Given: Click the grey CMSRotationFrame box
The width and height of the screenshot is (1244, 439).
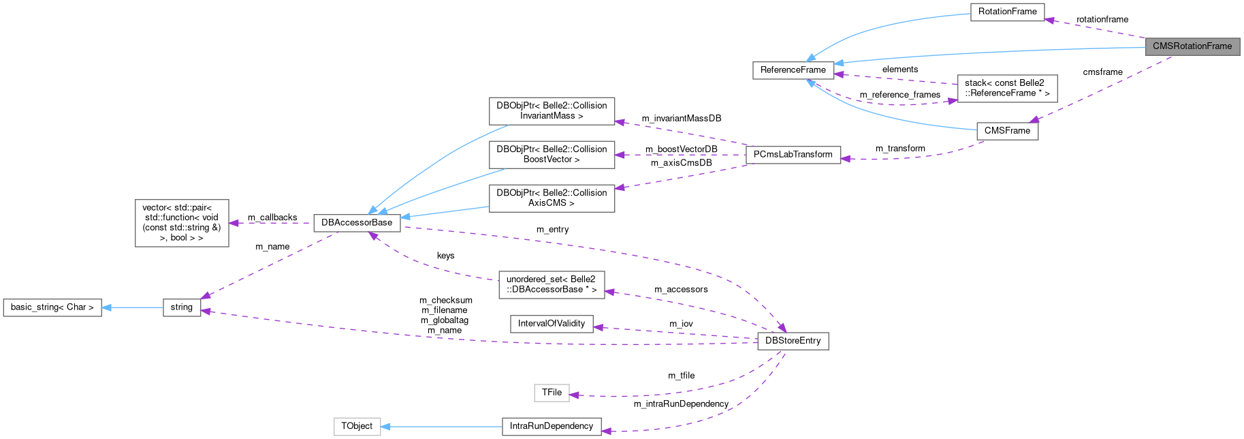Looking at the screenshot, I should pyautogui.click(x=1192, y=46).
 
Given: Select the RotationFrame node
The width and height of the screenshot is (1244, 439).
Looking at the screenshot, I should pyautogui.click(x=1007, y=12).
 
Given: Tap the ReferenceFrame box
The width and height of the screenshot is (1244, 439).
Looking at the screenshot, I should pyautogui.click(x=793, y=70).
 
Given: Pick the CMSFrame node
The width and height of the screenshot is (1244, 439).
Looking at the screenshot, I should pyautogui.click(x=1007, y=131).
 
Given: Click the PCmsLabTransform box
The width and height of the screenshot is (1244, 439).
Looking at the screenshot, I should pyautogui.click(x=793, y=155).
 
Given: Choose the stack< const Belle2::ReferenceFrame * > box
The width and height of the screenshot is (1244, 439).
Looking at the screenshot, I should pyautogui.click(x=1007, y=89).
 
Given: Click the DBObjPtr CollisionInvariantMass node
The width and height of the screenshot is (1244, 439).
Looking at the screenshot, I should pyautogui.click(x=552, y=111).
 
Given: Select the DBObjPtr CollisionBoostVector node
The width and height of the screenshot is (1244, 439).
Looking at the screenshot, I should pyautogui.click(x=552, y=155).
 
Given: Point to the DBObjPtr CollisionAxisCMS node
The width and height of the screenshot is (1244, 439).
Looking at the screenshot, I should pyautogui.click(x=552, y=198).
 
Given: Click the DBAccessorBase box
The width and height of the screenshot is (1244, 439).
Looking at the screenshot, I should pyautogui.click(x=357, y=223).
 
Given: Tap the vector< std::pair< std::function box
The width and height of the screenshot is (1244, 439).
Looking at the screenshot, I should pyautogui.click(x=182, y=223).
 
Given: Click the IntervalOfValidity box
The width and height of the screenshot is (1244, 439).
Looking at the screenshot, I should pyautogui.click(x=552, y=324).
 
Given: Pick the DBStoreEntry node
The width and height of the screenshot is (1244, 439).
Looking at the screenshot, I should pyautogui.click(x=793, y=341).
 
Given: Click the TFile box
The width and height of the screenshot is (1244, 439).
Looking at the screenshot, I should pyautogui.click(x=552, y=393).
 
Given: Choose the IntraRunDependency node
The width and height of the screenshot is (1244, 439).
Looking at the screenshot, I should pyautogui.click(x=552, y=427).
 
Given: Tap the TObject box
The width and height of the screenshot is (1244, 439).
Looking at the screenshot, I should pyautogui.click(x=357, y=427).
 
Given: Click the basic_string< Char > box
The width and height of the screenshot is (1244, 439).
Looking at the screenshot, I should pyautogui.click(x=52, y=307).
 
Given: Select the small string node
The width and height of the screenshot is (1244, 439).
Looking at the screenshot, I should pyautogui.click(x=182, y=307).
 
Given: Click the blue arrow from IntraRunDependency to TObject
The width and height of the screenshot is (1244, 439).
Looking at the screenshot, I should pyautogui.click(x=443, y=427).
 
